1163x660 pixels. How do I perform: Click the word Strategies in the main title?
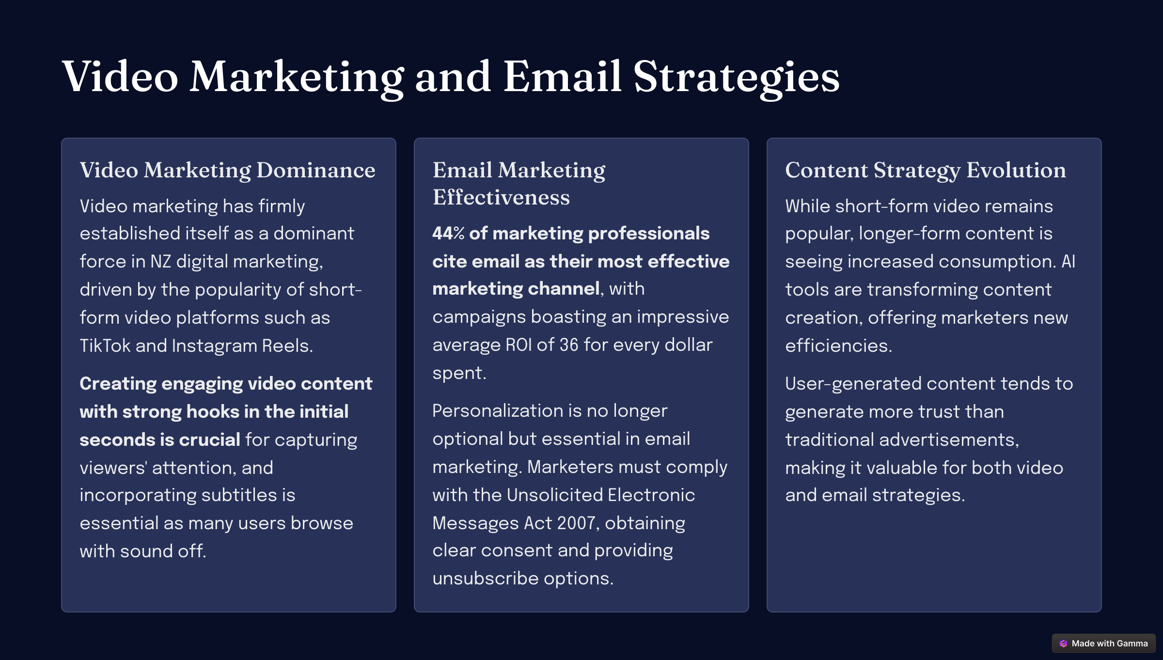coord(736,78)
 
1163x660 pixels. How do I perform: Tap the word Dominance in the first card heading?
coord(316,170)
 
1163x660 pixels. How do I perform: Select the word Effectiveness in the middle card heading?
coord(501,197)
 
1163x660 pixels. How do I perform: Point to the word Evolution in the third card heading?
coord(1016,170)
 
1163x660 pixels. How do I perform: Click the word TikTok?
coord(105,346)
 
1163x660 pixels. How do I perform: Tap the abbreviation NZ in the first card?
coord(160,262)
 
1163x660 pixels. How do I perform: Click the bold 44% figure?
coord(448,234)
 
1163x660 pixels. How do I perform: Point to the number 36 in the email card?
coord(569,345)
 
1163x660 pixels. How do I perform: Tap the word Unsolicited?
coord(554,495)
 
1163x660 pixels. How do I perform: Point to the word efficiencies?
coord(838,346)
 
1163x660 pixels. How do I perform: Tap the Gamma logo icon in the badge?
coord(1063,644)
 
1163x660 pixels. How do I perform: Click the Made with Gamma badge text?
coord(1110,644)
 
